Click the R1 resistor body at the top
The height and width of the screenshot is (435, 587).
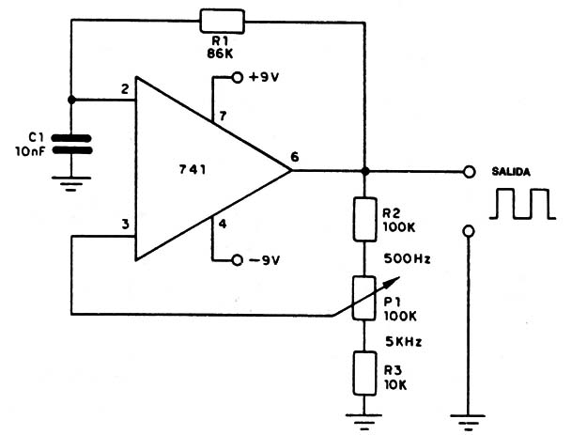(223, 22)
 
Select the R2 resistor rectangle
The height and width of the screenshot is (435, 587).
(364, 219)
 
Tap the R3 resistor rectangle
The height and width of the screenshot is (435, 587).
(364, 373)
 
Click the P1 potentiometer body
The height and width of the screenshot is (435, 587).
(364, 298)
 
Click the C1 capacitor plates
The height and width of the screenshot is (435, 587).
(71, 145)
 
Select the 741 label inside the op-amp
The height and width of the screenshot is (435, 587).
(193, 170)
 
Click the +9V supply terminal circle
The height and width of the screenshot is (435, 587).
(238, 77)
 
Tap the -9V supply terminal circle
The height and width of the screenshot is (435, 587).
(238, 260)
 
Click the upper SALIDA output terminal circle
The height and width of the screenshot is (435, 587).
(469, 172)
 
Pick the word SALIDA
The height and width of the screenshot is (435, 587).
(511, 172)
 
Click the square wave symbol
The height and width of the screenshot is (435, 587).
(522, 204)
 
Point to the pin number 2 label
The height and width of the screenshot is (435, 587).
(125, 89)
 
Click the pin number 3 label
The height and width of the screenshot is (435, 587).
(125, 224)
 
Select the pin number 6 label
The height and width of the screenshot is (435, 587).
(295, 157)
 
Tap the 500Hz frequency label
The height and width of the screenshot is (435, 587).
(407, 258)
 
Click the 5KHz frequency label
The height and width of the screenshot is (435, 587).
(404, 341)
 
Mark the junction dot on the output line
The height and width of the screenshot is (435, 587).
(365, 171)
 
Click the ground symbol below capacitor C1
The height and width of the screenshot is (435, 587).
(71, 184)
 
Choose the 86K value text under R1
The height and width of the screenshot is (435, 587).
(220, 54)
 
